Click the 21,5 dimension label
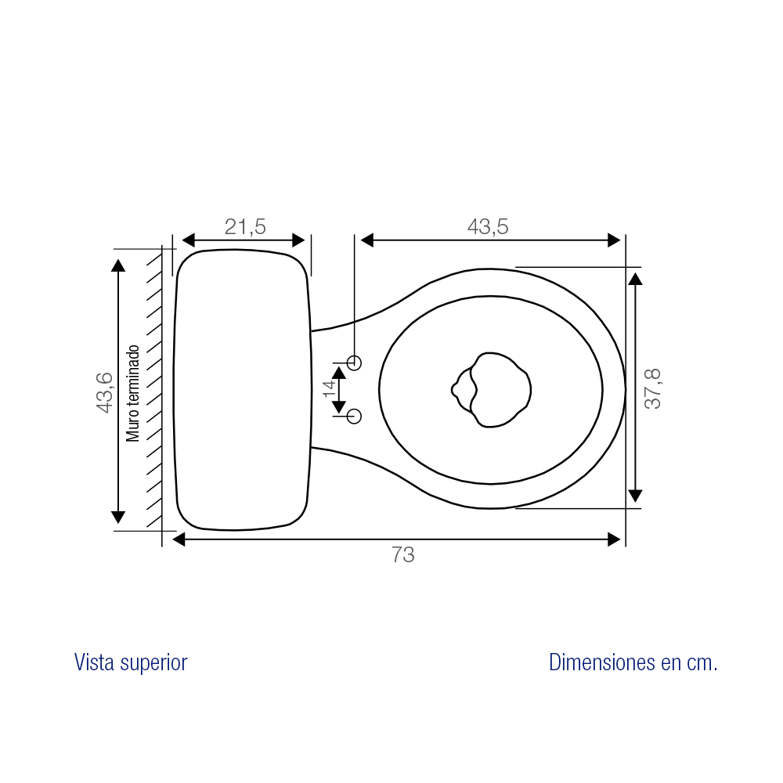[244, 227]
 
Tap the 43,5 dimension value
[488, 227]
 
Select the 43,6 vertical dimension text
[105, 392]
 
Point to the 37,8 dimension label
[653, 389]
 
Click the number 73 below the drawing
[402, 555]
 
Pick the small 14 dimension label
[329, 388]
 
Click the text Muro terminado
[132, 393]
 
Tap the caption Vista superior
[131, 662]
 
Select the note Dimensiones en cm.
[633, 662]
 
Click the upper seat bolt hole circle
[354, 363]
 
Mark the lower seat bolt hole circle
[354, 416]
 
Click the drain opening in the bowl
[491, 390]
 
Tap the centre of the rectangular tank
[242, 389]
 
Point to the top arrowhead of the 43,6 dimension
[118, 265]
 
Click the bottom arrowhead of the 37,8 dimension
[635, 496]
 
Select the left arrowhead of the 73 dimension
[179, 539]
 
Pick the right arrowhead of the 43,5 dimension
[614, 240]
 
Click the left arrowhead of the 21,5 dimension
[188, 240]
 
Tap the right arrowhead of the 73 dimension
[614, 539]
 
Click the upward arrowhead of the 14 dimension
[339, 373]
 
